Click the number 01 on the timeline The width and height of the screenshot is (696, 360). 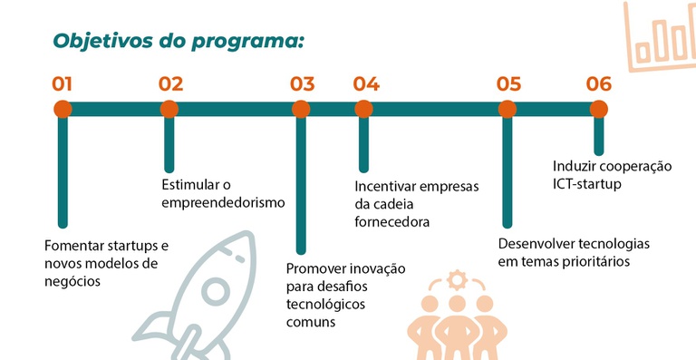tap(62, 84)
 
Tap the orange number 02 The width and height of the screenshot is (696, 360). tap(171, 84)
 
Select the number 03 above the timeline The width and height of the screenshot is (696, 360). tap(303, 84)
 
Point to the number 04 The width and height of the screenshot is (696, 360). tap(366, 84)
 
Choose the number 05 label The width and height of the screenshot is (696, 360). tap(508, 84)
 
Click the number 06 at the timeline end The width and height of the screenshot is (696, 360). tap(599, 84)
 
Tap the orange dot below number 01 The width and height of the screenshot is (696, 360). tap(63, 109)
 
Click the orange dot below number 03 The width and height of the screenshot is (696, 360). tap(301, 109)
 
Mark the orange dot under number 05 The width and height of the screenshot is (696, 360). tap(507, 109)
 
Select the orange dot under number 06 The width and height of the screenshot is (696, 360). tap(599, 109)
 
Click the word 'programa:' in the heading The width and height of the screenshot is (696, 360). tap(247, 43)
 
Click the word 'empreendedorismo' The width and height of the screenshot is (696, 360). tap(223, 203)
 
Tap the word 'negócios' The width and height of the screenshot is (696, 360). tap(72, 281)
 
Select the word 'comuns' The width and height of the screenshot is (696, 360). tap(311, 322)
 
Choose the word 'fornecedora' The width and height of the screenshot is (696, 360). tap(391, 221)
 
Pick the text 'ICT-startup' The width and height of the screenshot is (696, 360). tap(587, 184)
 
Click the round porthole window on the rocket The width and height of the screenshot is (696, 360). tap(216, 292)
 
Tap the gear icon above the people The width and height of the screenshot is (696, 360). tap(457, 280)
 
